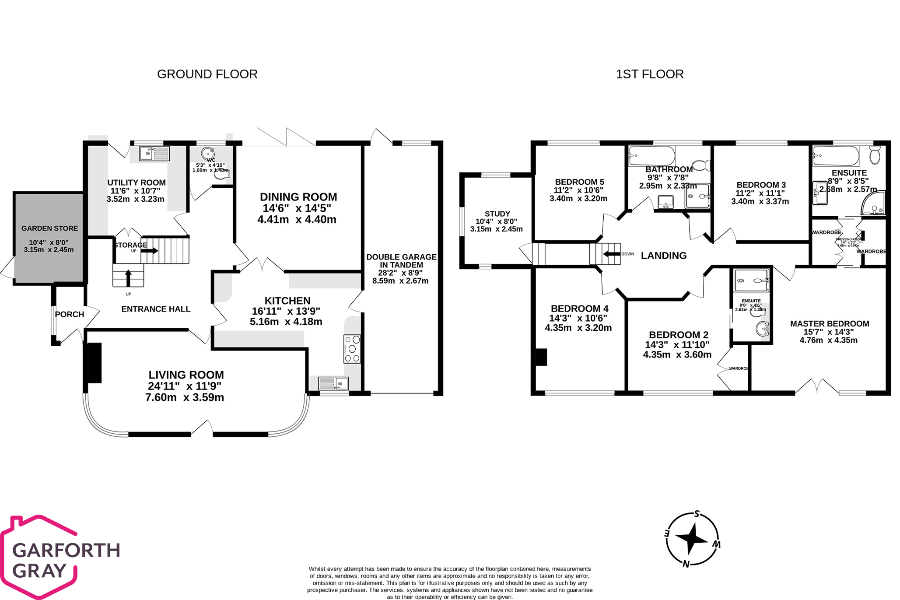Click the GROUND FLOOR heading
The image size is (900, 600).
[207, 74]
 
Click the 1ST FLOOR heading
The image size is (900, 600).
[649, 74]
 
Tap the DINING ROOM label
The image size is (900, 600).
[298, 197]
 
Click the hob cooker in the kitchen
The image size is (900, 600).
[352, 349]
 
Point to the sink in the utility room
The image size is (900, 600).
[154, 154]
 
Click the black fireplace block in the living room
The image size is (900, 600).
[95, 363]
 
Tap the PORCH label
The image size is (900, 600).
[70, 314]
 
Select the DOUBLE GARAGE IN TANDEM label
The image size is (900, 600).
[401, 261]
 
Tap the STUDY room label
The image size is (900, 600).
[497, 214]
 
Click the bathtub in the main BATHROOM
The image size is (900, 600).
[651, 156]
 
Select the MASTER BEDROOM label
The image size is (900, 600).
[829, 324]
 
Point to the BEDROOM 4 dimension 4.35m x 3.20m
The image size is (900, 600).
[578, 328]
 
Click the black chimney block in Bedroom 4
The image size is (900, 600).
[541, 357]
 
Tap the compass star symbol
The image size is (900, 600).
[691, 539]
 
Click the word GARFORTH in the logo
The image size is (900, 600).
[66, 550]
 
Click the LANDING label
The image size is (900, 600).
[663, 256]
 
